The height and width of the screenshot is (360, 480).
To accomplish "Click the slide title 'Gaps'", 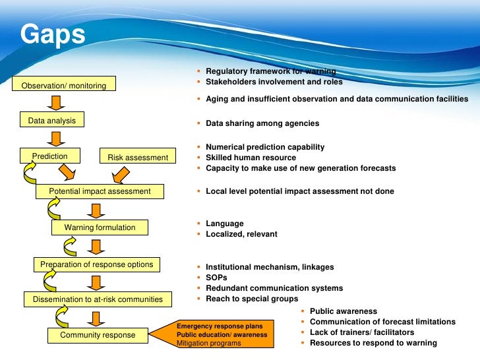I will (x=53, y=34).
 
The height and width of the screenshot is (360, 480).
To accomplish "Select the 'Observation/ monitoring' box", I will (x=65, y=84).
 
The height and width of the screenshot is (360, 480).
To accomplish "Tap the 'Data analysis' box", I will (x=51, y=121).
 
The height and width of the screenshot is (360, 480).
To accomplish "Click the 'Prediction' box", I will (x=50, y=156).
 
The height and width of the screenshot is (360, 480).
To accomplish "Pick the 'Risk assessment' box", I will (x=138, y=157).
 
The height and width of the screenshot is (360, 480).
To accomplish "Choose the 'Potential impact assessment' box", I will (x=100, y=192).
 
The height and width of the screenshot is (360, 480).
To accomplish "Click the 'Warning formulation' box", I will (x=100, y=227).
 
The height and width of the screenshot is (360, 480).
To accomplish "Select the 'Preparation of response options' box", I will (x=96, y=264).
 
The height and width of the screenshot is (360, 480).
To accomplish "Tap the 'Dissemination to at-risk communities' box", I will (x=98, y=299).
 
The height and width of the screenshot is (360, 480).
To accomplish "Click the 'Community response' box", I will (x=98, y=335).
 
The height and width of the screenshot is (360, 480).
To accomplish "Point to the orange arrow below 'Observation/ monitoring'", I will (x=56, y=102).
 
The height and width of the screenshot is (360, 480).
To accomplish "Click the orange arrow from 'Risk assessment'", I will (x=119, y=174).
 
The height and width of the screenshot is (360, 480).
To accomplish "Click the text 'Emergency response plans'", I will (x=220, y=326).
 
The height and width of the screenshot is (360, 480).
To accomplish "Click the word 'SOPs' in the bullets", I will (x=216, y=278).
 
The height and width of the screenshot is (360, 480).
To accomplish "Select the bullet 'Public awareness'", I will (x=343, y=311).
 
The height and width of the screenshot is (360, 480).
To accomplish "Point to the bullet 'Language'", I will (x=224, y=224).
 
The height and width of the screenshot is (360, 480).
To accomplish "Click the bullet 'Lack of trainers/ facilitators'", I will (x=362, y=332).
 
